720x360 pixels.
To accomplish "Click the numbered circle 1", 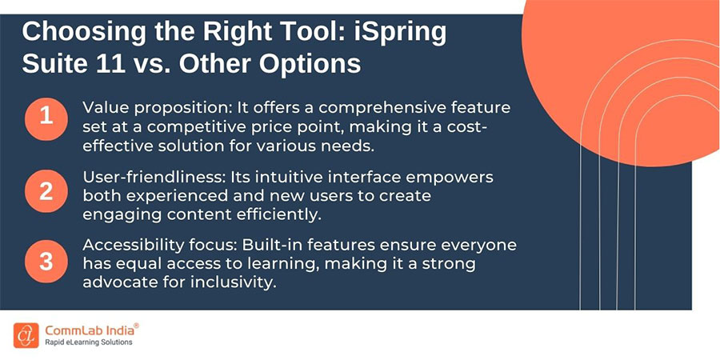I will (x=46, y=117).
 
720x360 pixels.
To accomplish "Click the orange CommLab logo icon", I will (x=25, y=334).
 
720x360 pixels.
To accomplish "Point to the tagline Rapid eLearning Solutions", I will (x=89, y=342).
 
